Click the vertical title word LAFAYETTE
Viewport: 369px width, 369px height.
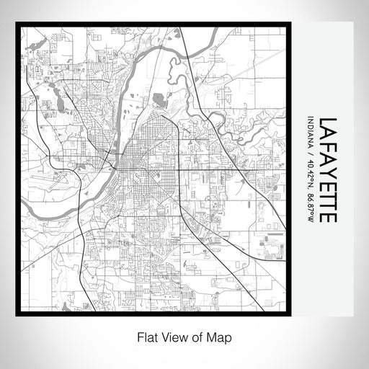point(325,169)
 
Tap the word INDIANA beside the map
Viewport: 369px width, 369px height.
point(310,135)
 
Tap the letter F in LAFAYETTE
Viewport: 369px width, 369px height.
point(325,145)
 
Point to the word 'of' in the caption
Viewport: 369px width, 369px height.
point(196,337)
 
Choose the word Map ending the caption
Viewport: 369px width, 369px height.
point(219,337)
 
